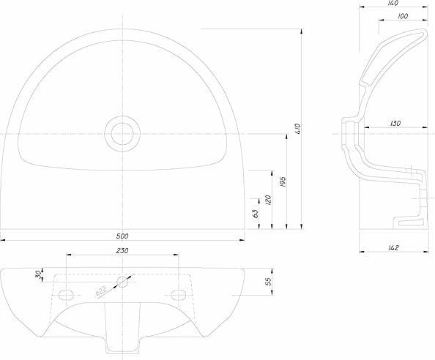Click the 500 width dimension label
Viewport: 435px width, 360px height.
pyautogui.click(x=122, y=236)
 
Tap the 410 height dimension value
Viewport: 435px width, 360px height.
pyautogui.click(x=298, y=129)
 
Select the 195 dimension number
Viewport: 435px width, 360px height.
pyautogui.click(x=283, y=181)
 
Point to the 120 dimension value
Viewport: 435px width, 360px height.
pyautogui.click(x=268, y=200)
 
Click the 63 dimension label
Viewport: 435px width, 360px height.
pyautogui.click(x=256, y=213)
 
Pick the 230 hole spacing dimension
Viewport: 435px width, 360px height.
pyautogui.click(x=122, y=250)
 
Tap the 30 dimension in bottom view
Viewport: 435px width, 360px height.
pyautogui.click(x=39, y=274)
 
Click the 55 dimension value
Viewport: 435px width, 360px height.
pyautogui.click(x=268, y=282)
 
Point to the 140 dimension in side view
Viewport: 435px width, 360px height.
pyautogui.click(x=393, y=3)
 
